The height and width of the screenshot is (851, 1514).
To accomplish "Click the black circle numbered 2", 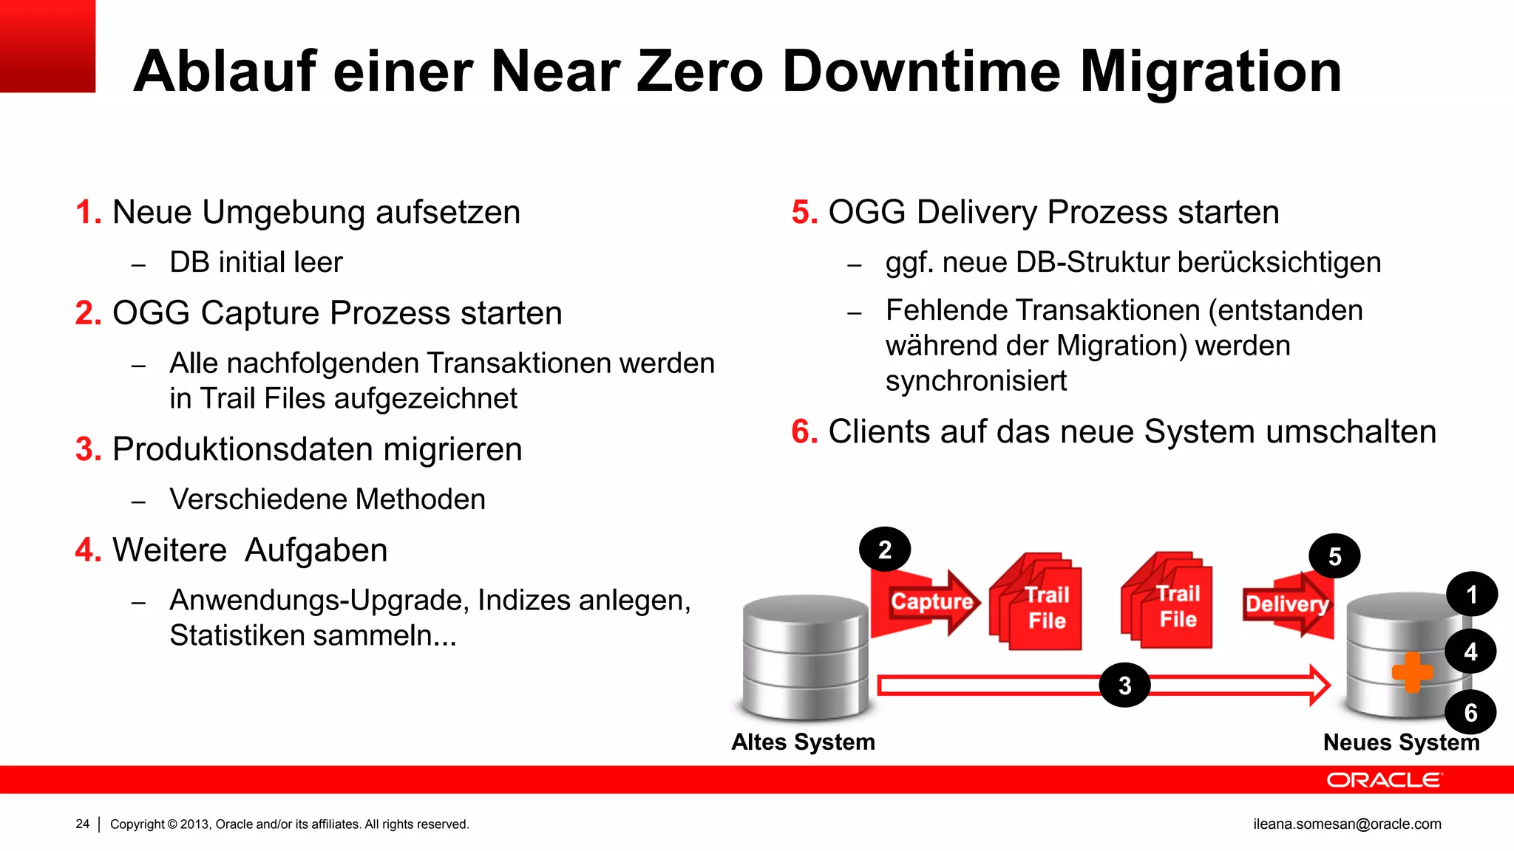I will pyautogui.click(x=885, y=550).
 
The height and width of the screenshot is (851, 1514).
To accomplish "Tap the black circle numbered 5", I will pyautogui.click(x=1334, y=556).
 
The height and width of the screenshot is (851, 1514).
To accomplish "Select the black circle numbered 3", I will pyautogui.click(x=1124, y=685).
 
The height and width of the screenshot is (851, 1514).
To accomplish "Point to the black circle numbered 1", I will pyautogui.click(x=1471, y=594).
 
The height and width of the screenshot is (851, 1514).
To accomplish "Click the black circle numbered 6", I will pyautogui.click(x=1470, y=712).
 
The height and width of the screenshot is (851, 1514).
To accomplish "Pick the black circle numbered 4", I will pyautogui.click(x=1470, y=652).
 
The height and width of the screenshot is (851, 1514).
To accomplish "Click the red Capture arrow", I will pyautogui.click(x=928, y=602).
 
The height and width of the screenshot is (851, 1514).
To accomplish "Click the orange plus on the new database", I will pyautogui.click(x=1412, y=672).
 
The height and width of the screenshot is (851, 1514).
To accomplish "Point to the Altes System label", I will pyautogui.click(x=803, y=742).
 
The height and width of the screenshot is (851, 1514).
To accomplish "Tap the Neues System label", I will pyautogui.click(x=1401, y=742).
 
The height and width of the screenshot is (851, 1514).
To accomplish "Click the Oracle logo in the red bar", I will pyautogui.click(x=1383, y=780).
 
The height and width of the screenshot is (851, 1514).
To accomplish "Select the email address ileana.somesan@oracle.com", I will pyautogui.click(x=1347, y=824).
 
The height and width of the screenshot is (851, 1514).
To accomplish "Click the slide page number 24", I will pyautogui.click(x=82, y=824).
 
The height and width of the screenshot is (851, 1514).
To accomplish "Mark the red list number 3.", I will pyautogui.click(x=88, y=449).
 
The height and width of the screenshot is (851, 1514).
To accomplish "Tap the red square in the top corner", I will pyautogui.click(x=47, y=46).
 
